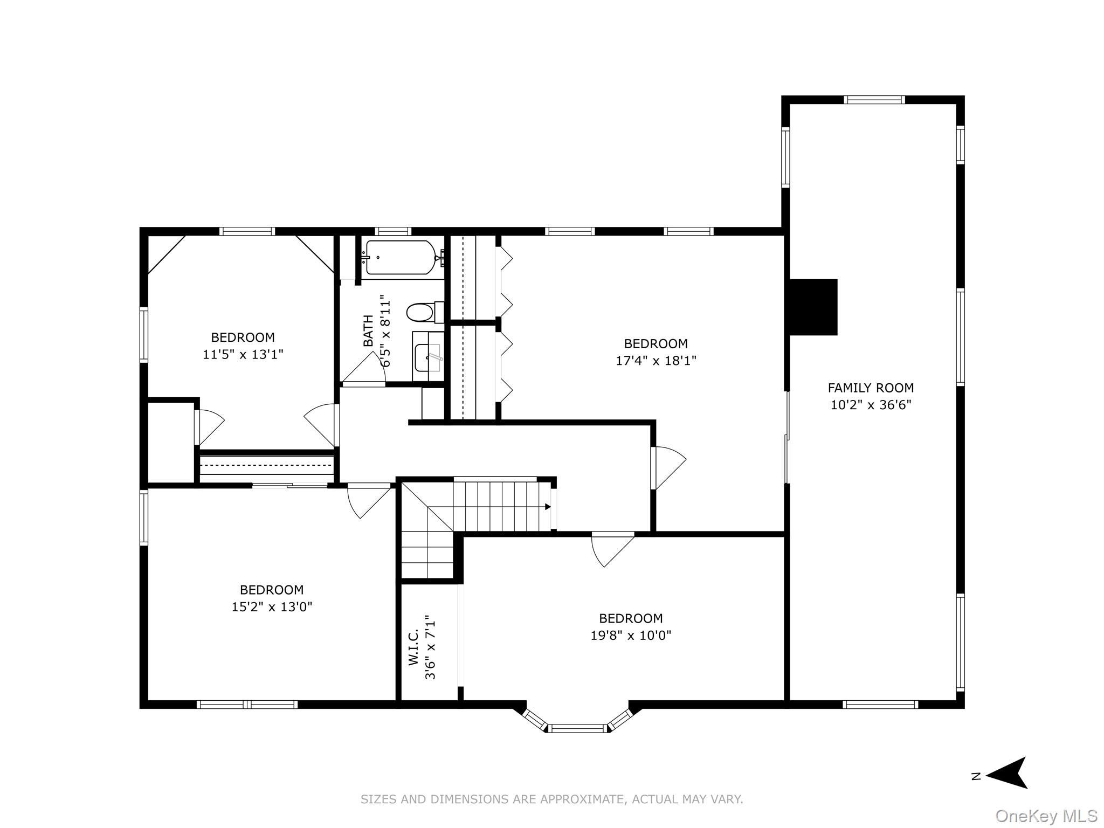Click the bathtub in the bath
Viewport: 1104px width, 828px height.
(400, 258)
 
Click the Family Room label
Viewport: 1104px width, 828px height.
(871, 388)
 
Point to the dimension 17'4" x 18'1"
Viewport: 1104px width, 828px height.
(656, 361)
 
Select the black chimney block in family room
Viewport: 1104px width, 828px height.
(813, 307)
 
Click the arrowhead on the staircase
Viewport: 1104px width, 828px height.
(548, 507)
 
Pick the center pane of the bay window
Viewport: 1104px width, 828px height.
(578, 728)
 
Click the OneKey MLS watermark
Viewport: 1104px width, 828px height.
(1046, 816)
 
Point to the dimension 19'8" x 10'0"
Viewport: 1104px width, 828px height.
(631, 636)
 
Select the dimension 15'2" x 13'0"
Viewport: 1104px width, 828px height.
(272, 607)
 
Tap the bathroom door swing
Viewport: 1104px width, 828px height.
(365, 370)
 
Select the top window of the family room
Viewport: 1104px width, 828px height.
(874, 100)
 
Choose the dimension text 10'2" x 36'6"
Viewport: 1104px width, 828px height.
(871, 405)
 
